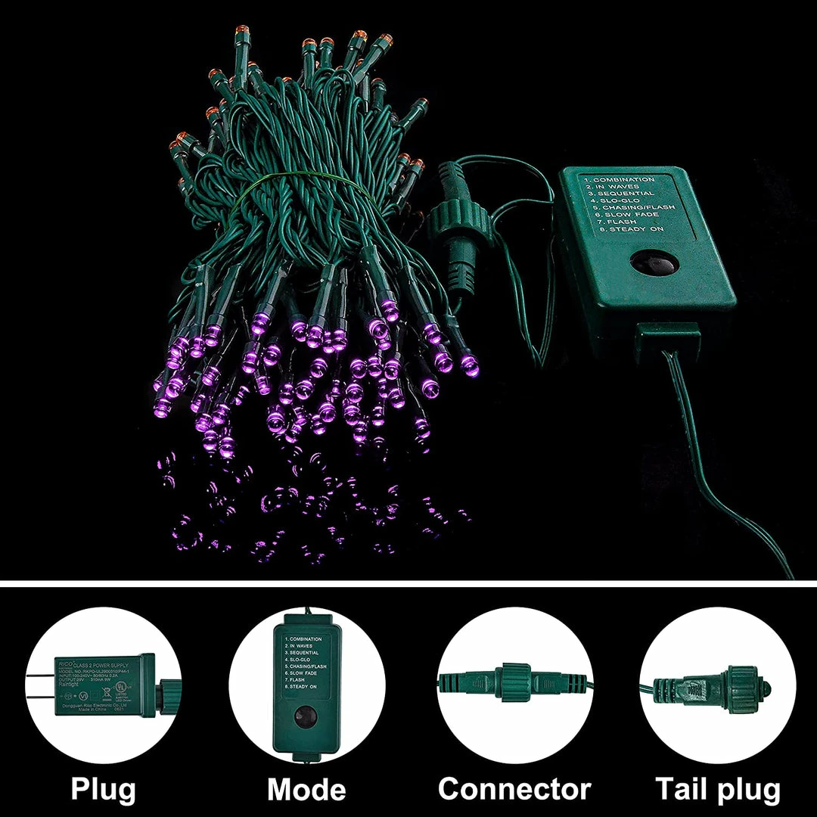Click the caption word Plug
(104, 789)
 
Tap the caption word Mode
(306, 789)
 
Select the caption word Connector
(514, 789)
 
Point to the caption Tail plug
(718, 789)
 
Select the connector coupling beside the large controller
(454, 226)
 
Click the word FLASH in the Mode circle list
(296, 679)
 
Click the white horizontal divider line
(408, 583)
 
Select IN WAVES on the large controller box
(616, 187)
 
